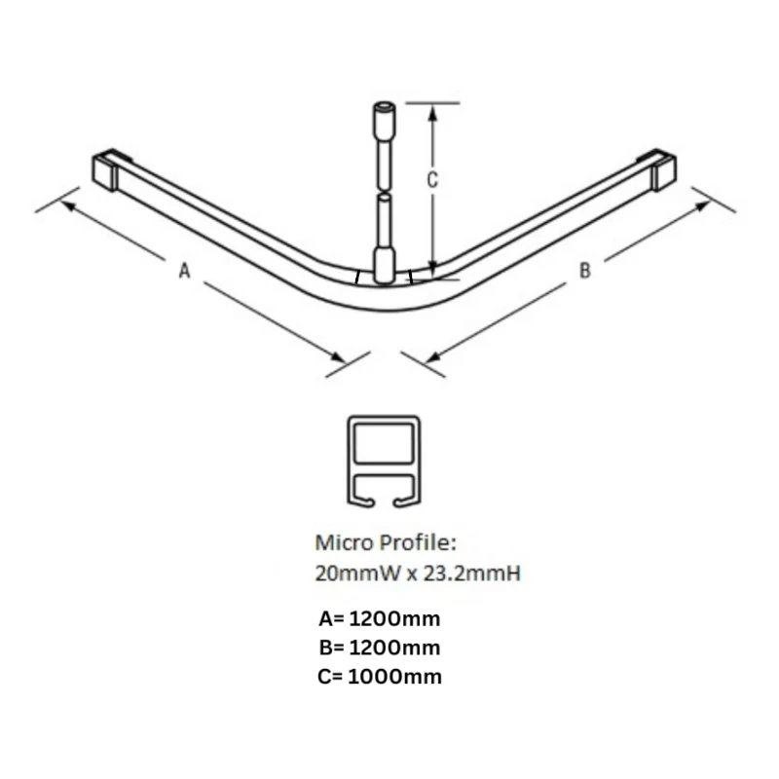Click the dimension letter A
click(184, 274)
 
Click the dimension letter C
click(433, 180)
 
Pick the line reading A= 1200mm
click(379, 617)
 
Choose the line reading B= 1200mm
click(379, 647)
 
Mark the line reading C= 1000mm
click(379, 676)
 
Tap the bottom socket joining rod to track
click(385, 265)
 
